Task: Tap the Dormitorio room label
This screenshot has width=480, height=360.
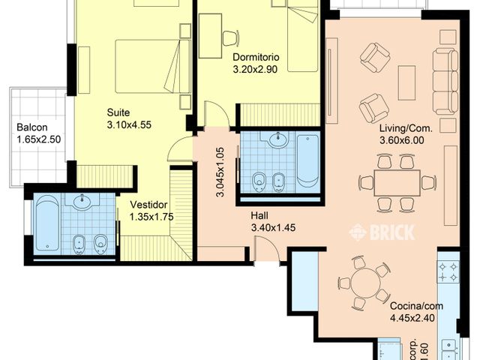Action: [x=256, y=58]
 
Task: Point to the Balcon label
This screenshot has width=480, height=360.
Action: [x=31, y=127]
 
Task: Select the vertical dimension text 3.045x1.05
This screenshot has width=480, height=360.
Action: [x=220, y=172]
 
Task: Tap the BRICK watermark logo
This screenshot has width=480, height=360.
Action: [x=382, y=232]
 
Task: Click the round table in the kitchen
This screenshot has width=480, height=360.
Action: [x=364, y=283]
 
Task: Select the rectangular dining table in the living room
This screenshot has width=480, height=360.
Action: [x=397, y=182]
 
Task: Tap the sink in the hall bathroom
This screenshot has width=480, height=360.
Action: [x=278, y=140]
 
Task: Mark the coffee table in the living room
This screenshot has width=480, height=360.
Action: [x=406, y=82]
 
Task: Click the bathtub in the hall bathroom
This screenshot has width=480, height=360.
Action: [x=307, y=160]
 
